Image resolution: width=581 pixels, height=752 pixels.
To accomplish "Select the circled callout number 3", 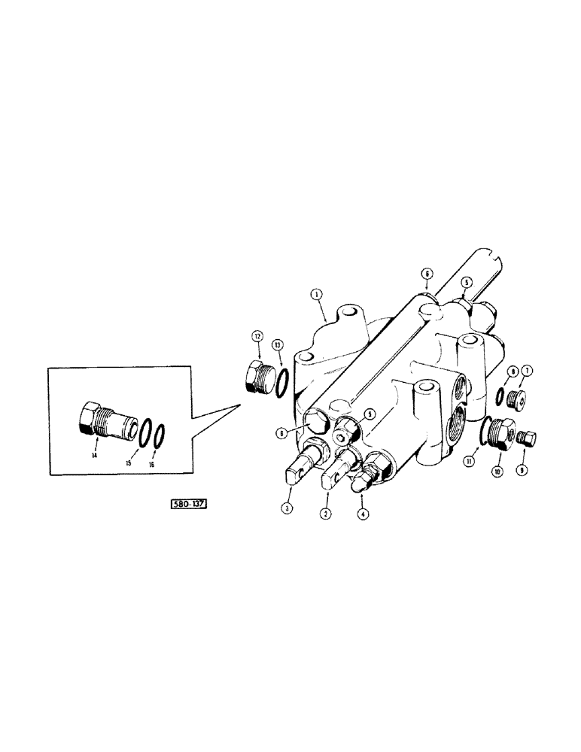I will tap(287, 509).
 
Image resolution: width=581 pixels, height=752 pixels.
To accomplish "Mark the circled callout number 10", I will tap(497, 471).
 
